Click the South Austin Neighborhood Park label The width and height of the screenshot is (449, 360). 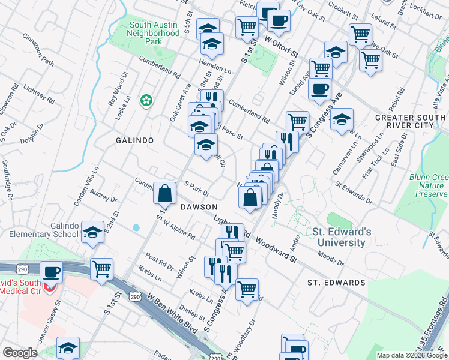point(154,33)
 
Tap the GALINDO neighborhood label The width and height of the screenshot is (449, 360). point(135,140)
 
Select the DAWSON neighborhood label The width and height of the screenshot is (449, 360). point(199,206)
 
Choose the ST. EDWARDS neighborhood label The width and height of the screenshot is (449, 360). point(336,282)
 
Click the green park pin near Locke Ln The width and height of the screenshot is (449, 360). point(145,100)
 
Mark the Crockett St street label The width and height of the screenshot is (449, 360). point(339,10)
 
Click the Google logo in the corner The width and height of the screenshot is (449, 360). point(20,353)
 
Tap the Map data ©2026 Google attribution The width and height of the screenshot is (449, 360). point(411,355)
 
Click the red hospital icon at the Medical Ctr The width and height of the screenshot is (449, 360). point(50,286)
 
